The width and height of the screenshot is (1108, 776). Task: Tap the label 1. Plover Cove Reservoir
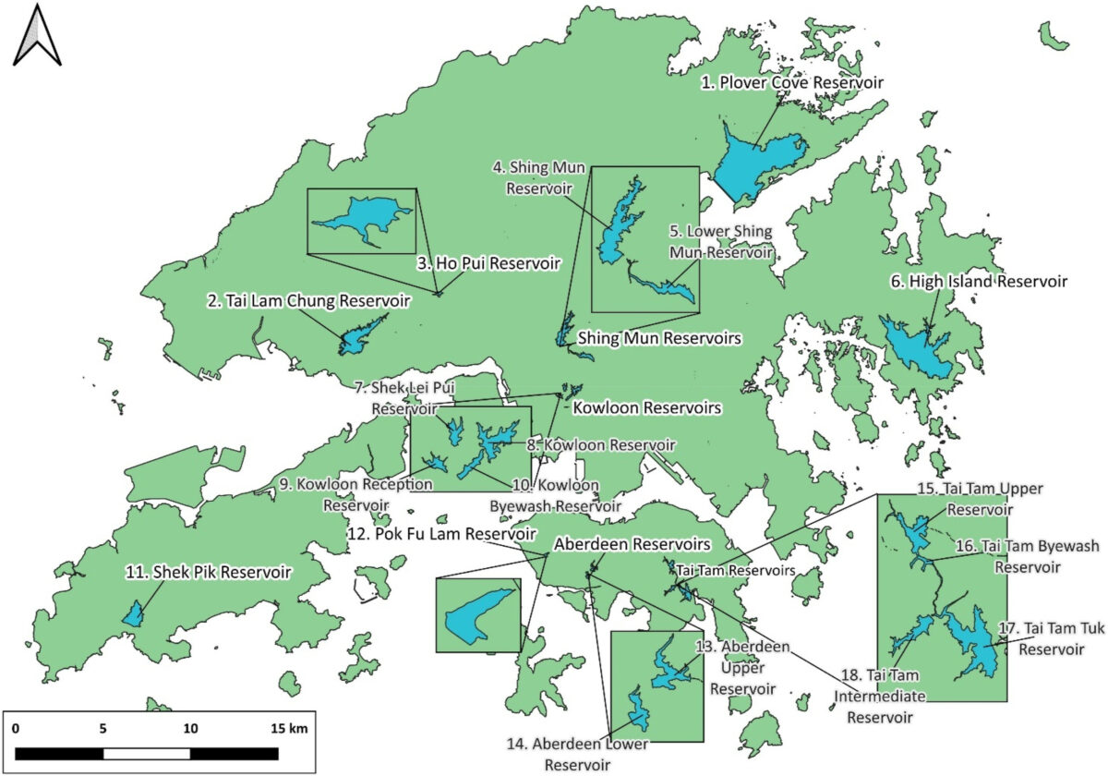point(791,83)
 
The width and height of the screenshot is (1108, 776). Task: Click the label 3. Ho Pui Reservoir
point(488,263)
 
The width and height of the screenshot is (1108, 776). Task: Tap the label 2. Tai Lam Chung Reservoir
point(308,300)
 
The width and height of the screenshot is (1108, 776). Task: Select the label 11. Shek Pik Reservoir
point(208,573)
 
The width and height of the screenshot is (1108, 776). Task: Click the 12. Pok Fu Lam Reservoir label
point(454,534)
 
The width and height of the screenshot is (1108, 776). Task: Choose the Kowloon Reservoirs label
point(646,406)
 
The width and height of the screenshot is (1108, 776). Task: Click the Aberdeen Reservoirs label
point(632,544)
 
